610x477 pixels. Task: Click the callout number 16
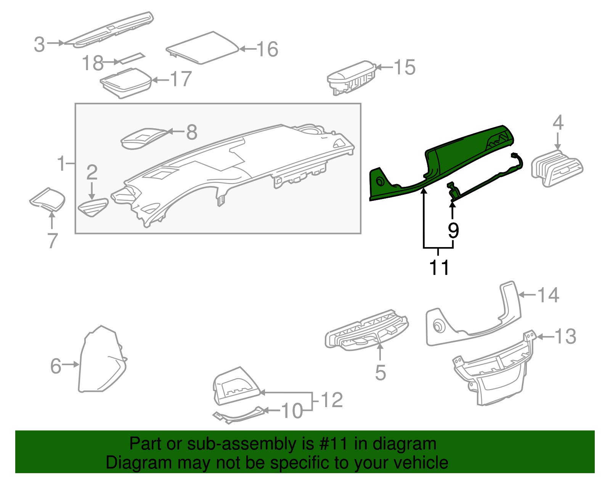pyautogui.click(x=267, y=49)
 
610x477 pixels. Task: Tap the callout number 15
pyautogui.click(x=405, y=68)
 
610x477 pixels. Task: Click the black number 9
pyautogui.click(x=453, y=230)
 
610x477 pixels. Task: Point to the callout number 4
pyautogui.click(x=558, y=123)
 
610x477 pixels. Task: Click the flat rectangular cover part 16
pyautogui.click(x=202, y=47)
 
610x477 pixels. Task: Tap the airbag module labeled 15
pyautogui.click(x=349, y=78)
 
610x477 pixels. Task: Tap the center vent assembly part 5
pyautogui.click(x=366, y=330)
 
